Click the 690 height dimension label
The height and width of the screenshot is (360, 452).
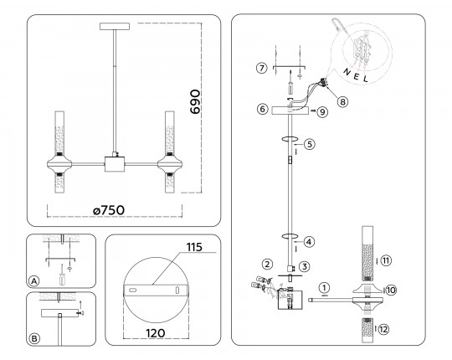click(x=195, y=102)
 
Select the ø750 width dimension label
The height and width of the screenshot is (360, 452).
click(x=109, y=210)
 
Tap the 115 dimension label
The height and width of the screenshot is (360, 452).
click(x=194, y=247)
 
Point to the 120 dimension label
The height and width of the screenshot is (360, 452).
click(x=156, y=333)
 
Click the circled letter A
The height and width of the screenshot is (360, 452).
click(x=34, y=281)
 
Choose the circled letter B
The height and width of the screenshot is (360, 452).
click(x=34, y=339)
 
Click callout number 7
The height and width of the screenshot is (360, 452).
click(x=261, y=69)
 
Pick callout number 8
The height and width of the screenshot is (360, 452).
click(x=342, y=101)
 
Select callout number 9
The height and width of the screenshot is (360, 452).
click(x=322, y=112)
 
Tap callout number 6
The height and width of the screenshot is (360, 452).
click(x=262, y=109)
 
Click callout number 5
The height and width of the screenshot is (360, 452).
click(x=310, y=144)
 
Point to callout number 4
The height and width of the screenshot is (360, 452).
click(x=309, y=242)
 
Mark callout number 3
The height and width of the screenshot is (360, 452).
click(x=305, y=266)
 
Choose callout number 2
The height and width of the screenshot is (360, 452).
click(x=267, y=264)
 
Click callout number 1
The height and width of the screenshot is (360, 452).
click(x=325, y=288)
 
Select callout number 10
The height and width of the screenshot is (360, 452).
click(x=391, y=290)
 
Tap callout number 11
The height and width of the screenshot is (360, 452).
click(x=386, y=261)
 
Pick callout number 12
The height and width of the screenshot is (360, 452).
click(x=383, y=329)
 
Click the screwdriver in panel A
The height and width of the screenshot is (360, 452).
click(x=62, y=275)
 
